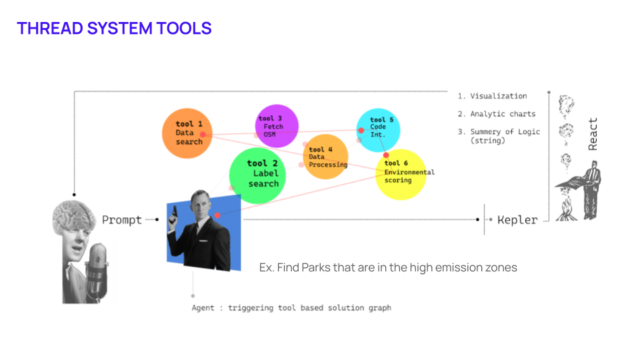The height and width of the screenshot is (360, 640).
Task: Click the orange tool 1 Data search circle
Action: pos(187,133)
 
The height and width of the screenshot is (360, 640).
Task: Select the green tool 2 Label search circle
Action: pos(257,175)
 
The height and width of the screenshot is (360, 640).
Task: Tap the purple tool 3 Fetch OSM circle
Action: pos(277,126)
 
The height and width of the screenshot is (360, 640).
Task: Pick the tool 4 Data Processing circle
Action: pos(326,157)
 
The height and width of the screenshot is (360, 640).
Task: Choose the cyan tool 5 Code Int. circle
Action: pos(378,130)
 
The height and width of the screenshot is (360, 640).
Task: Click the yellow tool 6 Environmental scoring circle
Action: pos(401,175)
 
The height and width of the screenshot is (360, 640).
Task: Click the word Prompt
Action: pos(121,220)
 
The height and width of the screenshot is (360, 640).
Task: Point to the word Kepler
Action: pos(517,220)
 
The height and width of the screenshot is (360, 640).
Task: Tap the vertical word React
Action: pos(593,134)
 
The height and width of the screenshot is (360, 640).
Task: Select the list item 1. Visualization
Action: pos(492,96)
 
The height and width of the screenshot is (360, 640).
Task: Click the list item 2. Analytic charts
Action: pos(497,114)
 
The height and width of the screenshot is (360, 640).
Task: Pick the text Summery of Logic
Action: pos(505,131)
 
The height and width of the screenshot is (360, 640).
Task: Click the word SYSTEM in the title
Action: pos(119,29)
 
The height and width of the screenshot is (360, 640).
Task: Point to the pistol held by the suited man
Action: pos(174,214)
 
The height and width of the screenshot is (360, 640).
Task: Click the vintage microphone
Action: pos(97,271)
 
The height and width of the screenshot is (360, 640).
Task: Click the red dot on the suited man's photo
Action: pos(217,215)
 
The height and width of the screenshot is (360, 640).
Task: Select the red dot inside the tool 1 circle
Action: pos(203,134)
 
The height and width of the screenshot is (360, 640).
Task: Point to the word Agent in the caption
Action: pos(203,308)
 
